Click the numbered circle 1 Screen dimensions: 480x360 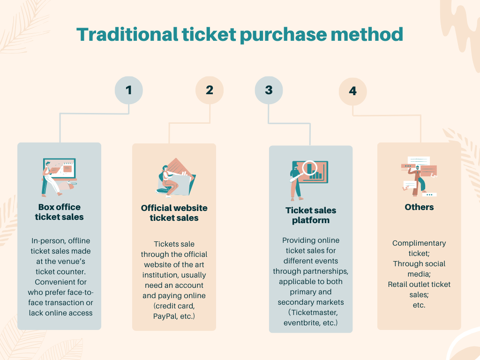[x=129, y=90]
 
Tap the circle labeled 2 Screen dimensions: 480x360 [x=210, y=90]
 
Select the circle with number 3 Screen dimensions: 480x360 [x=269, y=90]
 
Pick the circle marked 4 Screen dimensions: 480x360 [x=352, y=91]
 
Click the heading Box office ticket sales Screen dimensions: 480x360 [x=59, y=212]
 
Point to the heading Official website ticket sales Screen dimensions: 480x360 [x=174, y=213]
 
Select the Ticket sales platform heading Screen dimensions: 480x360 [x=311, y=216]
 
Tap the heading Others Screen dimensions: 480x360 [x=419, y=207]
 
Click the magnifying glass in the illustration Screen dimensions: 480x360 [x=310, y=168]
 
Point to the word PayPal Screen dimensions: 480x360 [x=166, y=316]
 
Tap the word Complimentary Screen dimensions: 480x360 [x=419, y=243]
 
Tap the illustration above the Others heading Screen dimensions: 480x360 [x=419, y=176]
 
